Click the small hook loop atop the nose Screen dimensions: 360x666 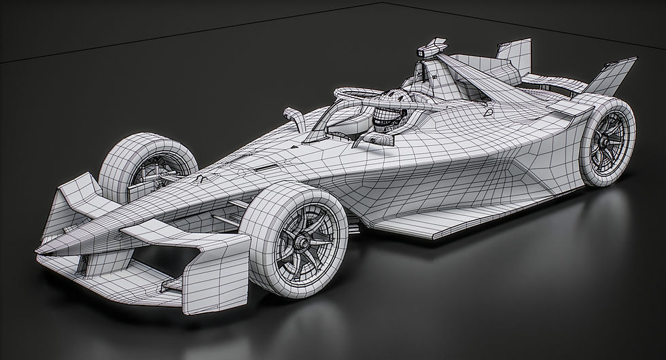click(202, 177)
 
